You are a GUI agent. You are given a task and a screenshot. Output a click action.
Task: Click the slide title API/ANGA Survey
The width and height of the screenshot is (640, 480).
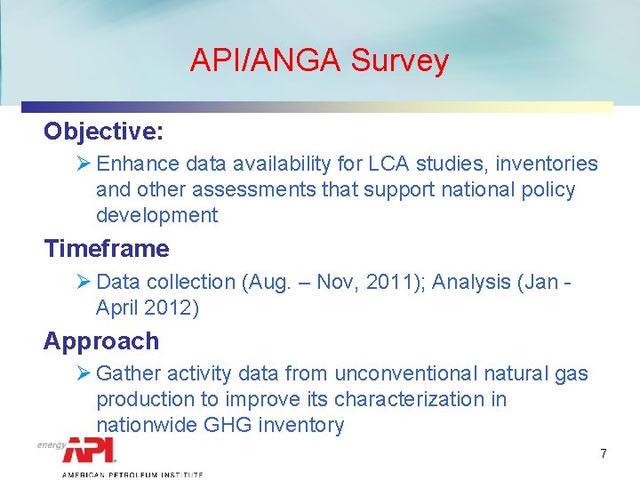[319, 60]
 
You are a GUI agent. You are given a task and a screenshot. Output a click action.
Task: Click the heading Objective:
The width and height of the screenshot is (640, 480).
[104, 132]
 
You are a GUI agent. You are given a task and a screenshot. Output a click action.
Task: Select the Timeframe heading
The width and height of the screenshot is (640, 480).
[107, 249]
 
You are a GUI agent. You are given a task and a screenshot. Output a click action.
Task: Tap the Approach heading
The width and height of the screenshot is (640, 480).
[101, 341]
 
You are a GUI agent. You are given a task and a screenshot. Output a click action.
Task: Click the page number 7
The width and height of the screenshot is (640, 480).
[604, 453]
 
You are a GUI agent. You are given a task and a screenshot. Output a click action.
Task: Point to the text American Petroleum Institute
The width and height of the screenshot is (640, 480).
[132, 475]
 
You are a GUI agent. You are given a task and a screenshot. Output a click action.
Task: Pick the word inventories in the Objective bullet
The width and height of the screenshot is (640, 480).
[549, 164]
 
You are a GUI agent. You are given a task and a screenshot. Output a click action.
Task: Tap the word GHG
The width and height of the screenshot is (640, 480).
[228, 426]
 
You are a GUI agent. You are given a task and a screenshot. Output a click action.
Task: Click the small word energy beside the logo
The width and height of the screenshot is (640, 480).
[51, 445]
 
